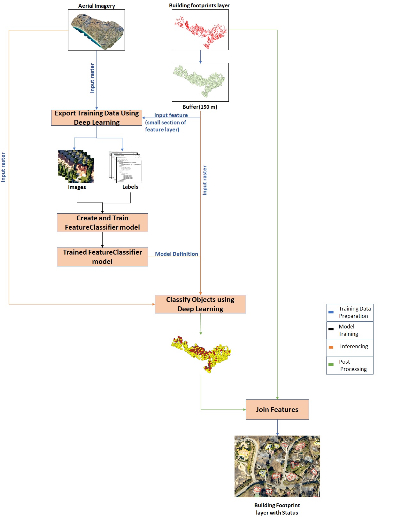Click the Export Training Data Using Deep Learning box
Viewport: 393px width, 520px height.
pyautogui.click(x=96, y=118)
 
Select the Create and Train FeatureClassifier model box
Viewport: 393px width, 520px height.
pyautogui.click(x=102, y=223)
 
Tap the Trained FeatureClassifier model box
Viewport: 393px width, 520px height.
pyautogui.click(x=102, y=257)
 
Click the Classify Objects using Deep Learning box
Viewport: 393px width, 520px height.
pyautogui.click(x=200, y=304)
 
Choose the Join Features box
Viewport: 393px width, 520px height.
pyautogui.click(x=277, y=409)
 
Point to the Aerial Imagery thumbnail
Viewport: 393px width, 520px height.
pyautogui.click(x=96, y=30)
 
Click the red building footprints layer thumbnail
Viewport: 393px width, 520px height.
pyautogui.click(x=200, y=30)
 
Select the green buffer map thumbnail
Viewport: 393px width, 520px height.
pyautogui.click(x=200, y=82)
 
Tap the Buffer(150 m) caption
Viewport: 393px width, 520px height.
pyautogui.click(x=200, y=107)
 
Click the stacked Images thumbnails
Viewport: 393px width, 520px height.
pyautogui.click(x=76, y=166)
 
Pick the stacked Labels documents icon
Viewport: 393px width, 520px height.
pyautogui.click(x=126, y=167)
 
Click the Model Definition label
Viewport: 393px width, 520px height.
pyautogui.click(x=176, y=254)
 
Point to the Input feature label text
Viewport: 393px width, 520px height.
pyautogui.click(x=171, y=115)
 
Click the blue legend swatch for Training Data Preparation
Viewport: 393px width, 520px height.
pyautogui.click(x=331, y=312)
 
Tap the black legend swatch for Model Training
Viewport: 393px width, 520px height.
pyautogui.click(x=331, y=329)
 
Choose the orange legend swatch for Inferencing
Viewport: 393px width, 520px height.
pyautogui.click(x=331, y=347)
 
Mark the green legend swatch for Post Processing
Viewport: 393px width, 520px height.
pyautogui.click(x=331, y=365)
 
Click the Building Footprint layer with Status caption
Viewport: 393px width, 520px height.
pyautogui.click(x=277, y=509)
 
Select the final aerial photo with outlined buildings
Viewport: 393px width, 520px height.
pyautogui.click(x=277, y=466)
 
